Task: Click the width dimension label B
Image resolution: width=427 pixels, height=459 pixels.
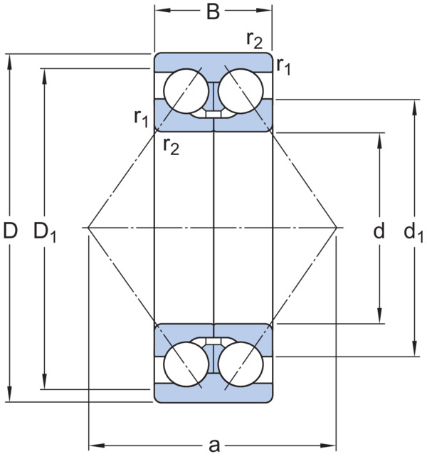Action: click(213, 13)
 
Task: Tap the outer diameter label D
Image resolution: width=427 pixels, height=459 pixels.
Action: click(10, 230)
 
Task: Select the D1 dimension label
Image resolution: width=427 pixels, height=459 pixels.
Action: click(45, 231)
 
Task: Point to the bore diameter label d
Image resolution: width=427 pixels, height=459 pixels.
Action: click(379, 230)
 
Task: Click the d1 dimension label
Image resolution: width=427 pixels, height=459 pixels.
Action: click(413, 231)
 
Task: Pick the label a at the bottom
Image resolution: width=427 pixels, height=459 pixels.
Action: click(214, 445)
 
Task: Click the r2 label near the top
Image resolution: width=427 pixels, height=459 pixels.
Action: click(254, 41)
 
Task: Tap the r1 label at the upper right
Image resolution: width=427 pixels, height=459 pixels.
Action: click(283, 66)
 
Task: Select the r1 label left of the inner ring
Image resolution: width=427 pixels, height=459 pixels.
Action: click(142, 118)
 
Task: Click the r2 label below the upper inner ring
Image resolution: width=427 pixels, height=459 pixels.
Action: click(172, 146)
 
